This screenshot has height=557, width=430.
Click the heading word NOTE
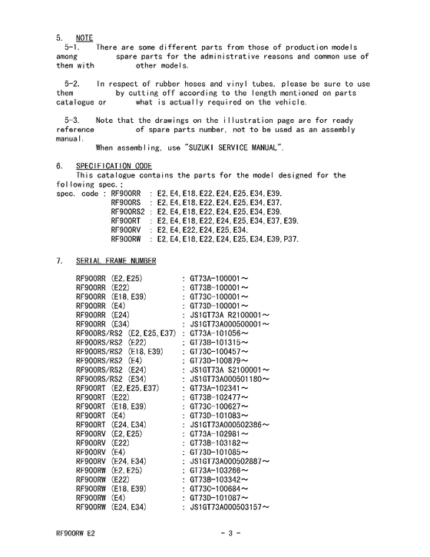pyautogui.click(x=84, y=37)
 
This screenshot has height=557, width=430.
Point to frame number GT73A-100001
pyautogui.click(x=219, y=277)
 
